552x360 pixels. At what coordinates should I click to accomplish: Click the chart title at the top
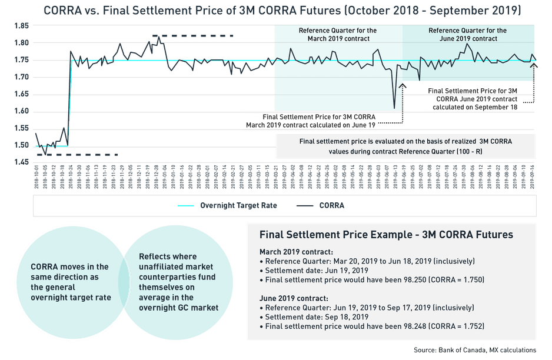[275, 9]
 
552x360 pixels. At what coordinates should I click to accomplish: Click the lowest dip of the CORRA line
[394, 108]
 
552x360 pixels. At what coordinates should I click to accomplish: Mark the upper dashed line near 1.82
[192, 36]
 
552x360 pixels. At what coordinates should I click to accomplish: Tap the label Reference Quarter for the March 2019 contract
[338, 35]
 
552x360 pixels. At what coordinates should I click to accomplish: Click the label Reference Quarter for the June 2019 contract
[467, 35]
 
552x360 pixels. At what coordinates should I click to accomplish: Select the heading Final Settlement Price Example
[386, 235]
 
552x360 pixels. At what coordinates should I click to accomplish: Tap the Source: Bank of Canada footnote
[474, 350]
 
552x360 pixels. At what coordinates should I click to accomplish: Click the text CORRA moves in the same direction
[70, 282]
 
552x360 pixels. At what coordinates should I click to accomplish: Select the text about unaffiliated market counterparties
[177, 282]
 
